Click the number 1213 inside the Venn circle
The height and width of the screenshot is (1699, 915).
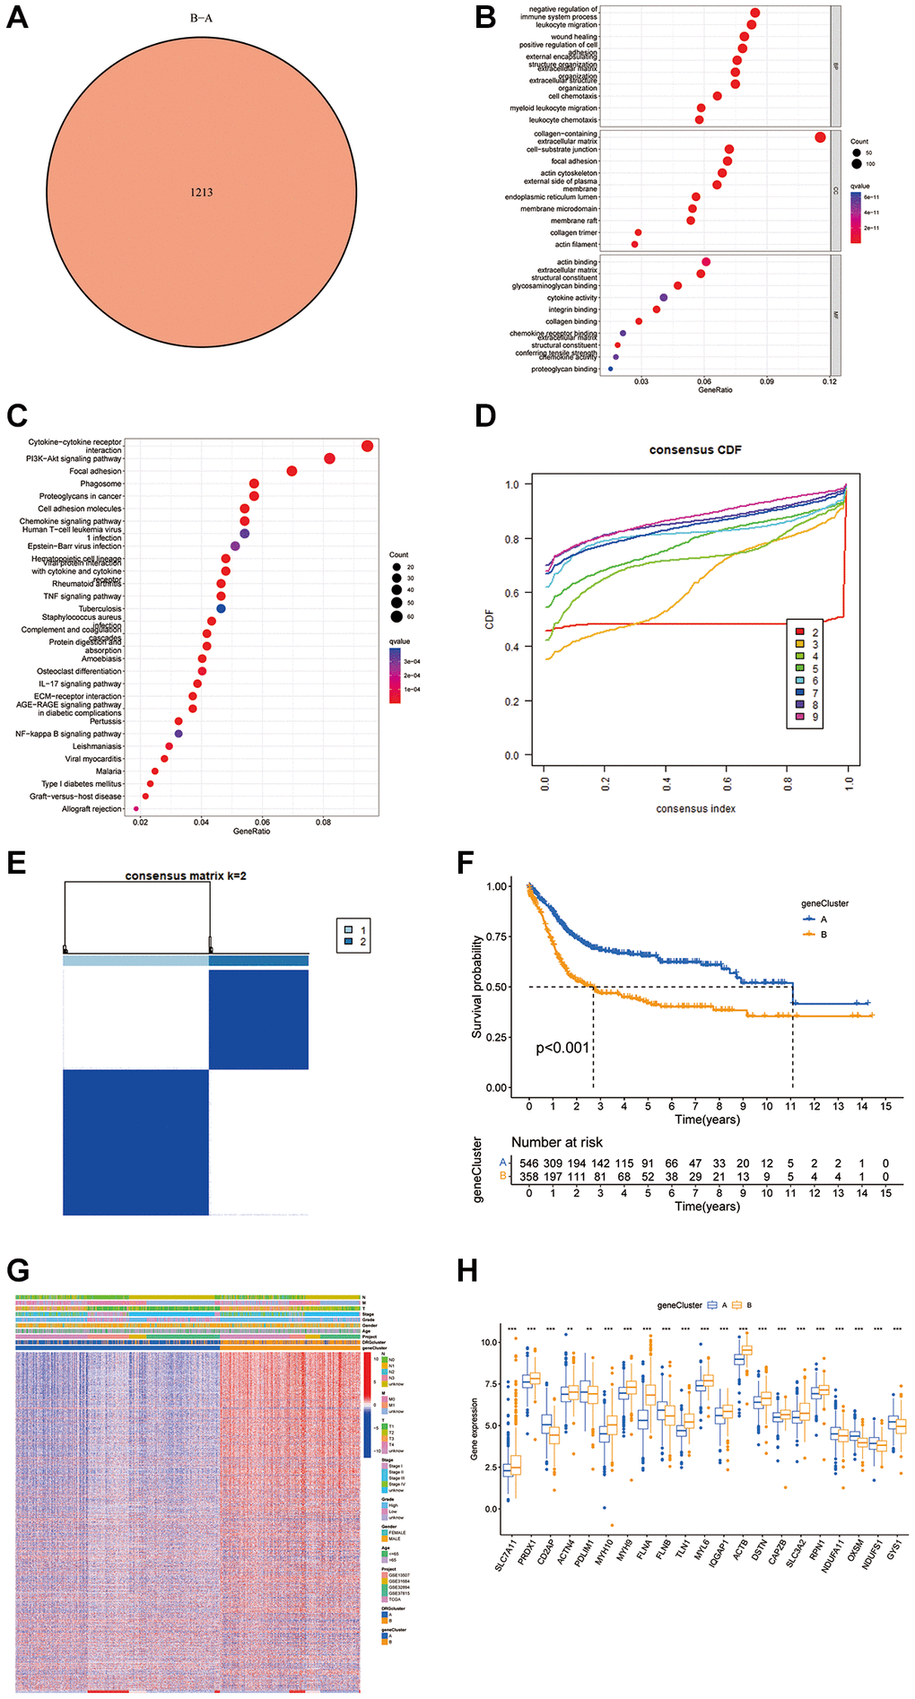coord(201,192)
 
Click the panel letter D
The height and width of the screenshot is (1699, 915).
coord(484,415)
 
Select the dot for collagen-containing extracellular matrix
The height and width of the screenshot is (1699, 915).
coord(820,137)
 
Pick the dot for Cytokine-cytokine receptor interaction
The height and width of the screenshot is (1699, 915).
coord(367,446)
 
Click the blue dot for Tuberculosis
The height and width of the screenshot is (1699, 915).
coord(221,608)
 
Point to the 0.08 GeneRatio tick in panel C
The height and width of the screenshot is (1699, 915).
coord(323,822)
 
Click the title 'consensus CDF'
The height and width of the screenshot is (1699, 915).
coord(695,449)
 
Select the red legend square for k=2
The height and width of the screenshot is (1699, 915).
coord(799,632)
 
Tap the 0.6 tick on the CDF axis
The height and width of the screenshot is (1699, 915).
coord(511,593)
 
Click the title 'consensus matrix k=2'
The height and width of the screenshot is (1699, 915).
coord(186,876)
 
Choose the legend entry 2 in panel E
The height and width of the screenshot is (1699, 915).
coord(349,942)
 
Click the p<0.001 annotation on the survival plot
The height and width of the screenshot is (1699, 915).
coord(562,1048)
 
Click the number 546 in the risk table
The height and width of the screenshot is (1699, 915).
coord(529,1163)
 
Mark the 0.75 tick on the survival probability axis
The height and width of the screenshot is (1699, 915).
coord(498,937)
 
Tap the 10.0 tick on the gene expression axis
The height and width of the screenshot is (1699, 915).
coord(489,1343)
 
